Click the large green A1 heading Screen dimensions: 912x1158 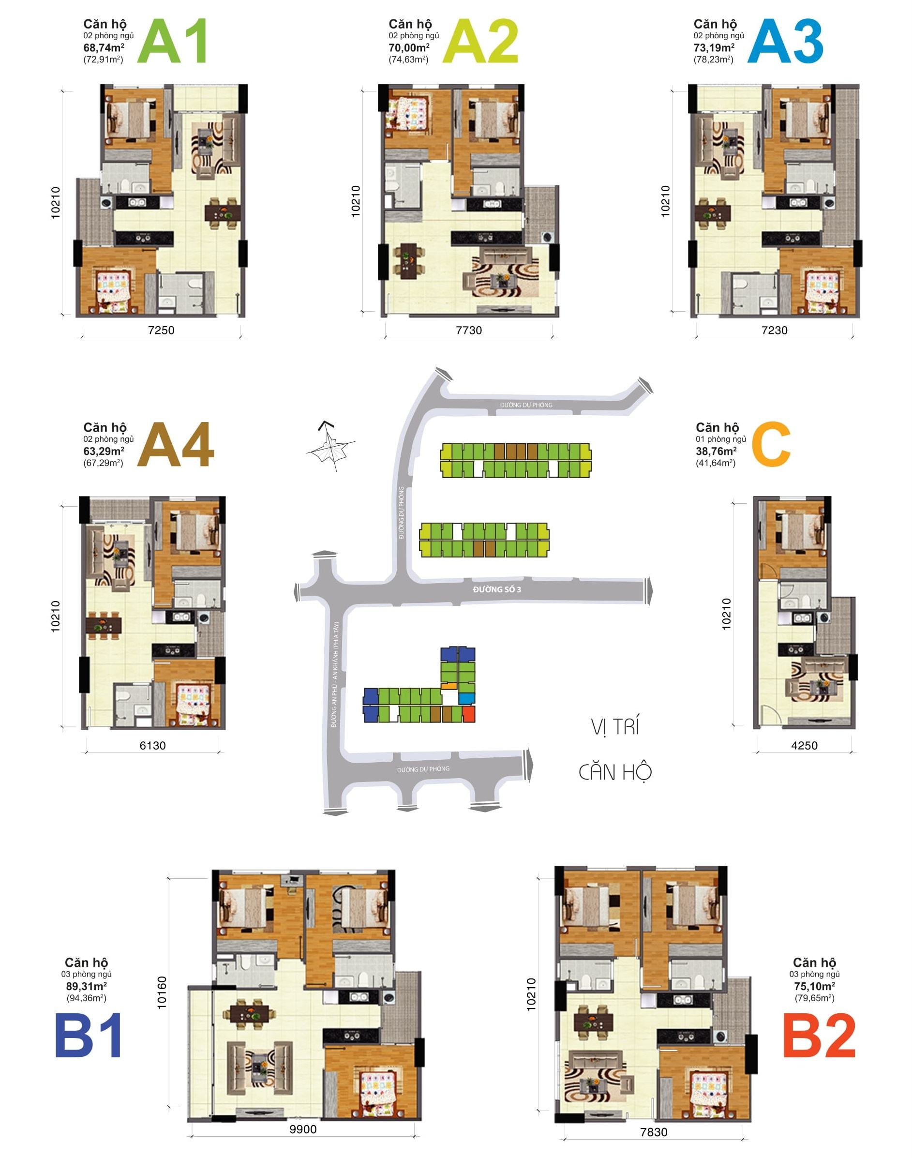pyautogui.click(x=172, y=42)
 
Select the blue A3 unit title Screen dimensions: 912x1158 pyautogui.click(x=784, y=42)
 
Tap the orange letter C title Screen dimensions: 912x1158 pyautogui.click(x=771, y=444)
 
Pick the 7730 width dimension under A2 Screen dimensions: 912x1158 pyautogui.click(x=469, y=330)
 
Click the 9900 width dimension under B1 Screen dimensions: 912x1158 pyautogui.click(x=303, y=1129)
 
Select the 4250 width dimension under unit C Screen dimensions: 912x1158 pyautogui.click(x=804, y=745)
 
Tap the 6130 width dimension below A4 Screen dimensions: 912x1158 pyautogui.click(x=153, y=745)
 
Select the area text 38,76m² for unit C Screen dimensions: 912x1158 pyautogui.click(x=716, y=451)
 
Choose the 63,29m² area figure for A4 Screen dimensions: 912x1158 pyautogui.click(x=104, y=451)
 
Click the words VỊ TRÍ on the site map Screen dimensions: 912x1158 pyautogui.click(x=614, y=727)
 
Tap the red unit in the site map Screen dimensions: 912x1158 pyautogui.click(x=468, y=715)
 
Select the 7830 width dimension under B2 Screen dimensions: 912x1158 pyautogui.click(x=654, y=1132)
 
